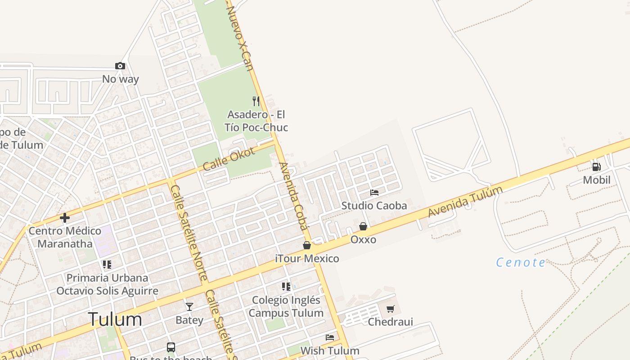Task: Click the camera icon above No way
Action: [x=120, y=66]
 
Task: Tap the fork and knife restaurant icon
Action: [x=256, y=101]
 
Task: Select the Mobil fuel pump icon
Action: [x=596, y=167]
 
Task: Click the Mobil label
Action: [x=597, y=180]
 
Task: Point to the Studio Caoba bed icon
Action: [x=374, y=193]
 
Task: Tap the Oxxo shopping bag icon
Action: [x=363, y=226]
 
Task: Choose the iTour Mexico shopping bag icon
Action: [x=307, y=245]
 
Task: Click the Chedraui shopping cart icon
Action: [x=390, y=309]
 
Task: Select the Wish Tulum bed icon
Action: [x=330, y=337]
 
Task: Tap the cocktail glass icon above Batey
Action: [x=189, y=307]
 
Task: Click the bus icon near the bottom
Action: [x=171, y=347]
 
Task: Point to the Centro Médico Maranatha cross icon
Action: [x=65, y=218]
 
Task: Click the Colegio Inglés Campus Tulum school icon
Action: [x=286, y=286]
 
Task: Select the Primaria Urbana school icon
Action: [x=107, y=264]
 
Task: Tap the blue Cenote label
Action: [x=521, y=262]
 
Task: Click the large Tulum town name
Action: [x=115, y=319]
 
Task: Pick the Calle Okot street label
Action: [x=229, y=159]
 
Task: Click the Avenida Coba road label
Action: [x=293, y=197]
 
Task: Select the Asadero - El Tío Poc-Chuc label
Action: [x=256, y=121]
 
